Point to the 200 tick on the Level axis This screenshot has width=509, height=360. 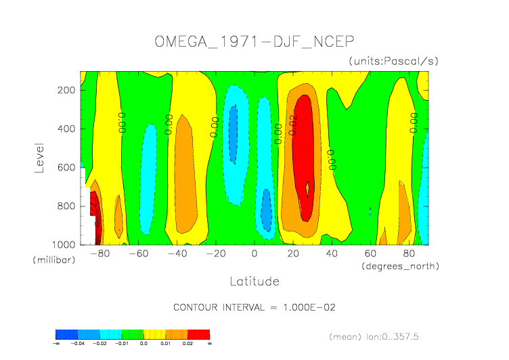(x=67, y=90)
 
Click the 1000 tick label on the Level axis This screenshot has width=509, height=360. (x=65, y=244)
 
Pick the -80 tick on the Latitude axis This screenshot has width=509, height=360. (x=99, y=254)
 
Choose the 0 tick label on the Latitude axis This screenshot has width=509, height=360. (x=255, y=254)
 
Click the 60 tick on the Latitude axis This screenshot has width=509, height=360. (x=370, y=254)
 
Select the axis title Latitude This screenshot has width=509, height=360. (x=255, y=280)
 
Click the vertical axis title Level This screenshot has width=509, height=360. (x=39, y=156)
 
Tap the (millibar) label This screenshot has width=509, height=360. (x=51, y=260)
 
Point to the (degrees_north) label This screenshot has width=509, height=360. (x=401, y=266)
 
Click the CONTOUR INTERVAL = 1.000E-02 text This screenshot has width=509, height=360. (x=255, y=307)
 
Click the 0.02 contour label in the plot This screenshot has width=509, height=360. (x=293, y=125)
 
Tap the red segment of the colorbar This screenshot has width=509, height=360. (x=198, y=334)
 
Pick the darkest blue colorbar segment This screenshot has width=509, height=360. (x=66, y=334)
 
